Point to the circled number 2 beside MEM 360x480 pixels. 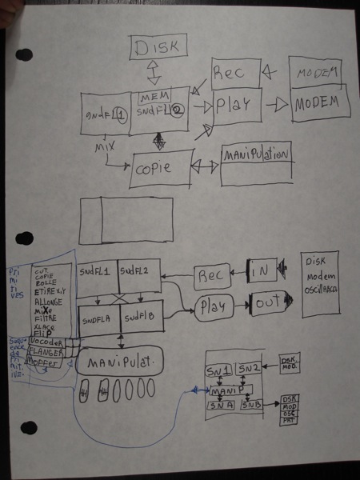[x=174, y=112]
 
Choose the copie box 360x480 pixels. [x=161, y=168]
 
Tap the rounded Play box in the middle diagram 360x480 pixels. [x=214, y=306]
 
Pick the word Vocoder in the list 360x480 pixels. [x=50, y=339]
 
